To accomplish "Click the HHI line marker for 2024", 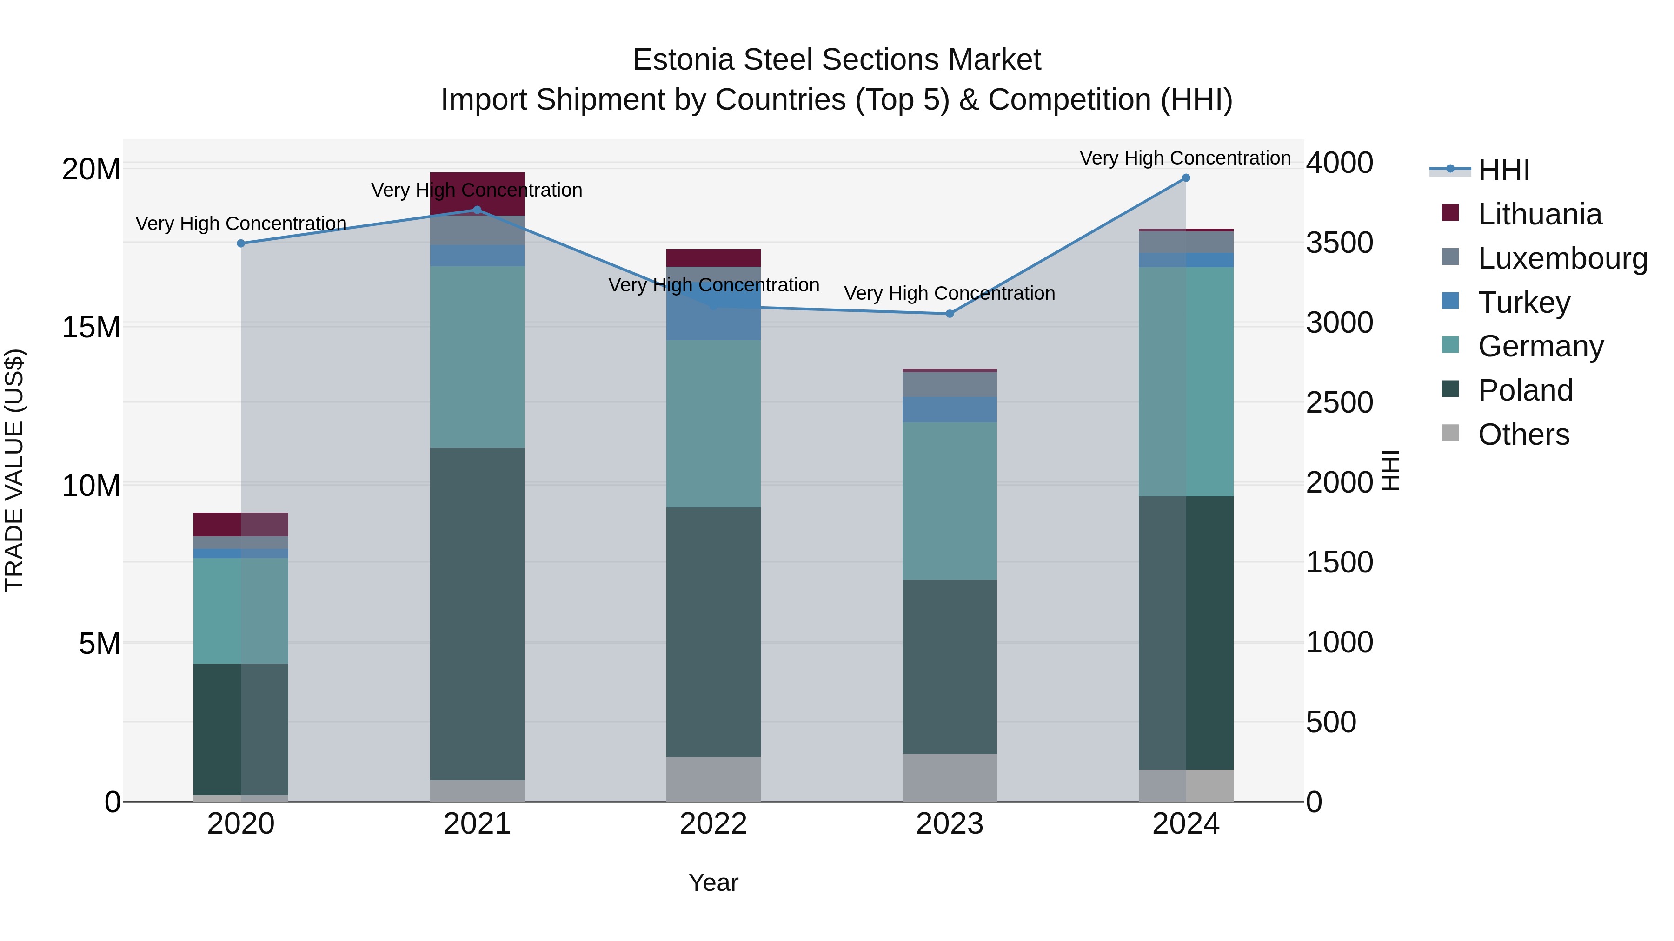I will [x=1185, y=178].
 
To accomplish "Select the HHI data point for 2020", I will [x=240, y=243].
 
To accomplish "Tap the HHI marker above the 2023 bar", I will [x=950, y=314].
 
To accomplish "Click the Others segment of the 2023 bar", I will [x=950, y=777].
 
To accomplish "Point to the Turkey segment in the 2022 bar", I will [x=713, y=318].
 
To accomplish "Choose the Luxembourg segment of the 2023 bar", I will [x=950, y=384].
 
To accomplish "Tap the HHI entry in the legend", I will [x=1503, y=170].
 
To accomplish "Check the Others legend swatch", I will [x=1450, y=433].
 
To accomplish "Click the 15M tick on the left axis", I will [x=91, y=327].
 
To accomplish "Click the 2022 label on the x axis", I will [x=713, y=824].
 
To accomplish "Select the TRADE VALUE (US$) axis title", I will [x=14, y=470].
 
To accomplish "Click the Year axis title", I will [x=713, y=882].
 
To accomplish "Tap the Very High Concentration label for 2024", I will [x=1185, y=158].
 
